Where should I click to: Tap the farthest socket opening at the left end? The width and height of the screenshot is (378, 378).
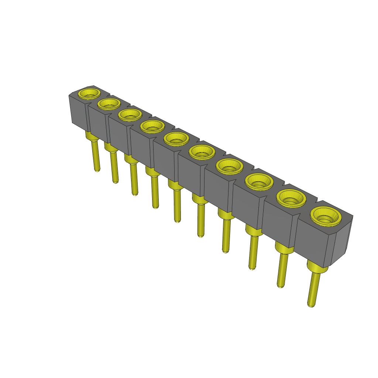point(90,93)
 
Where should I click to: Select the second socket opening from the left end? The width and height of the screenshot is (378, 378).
point(109,104)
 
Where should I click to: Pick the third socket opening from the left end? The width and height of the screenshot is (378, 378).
point(130,114)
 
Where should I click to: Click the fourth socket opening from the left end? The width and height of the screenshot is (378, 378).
point(152,126)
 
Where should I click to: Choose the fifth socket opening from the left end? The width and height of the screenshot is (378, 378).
point(176,139)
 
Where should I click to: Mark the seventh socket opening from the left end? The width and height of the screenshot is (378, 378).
point(229,166)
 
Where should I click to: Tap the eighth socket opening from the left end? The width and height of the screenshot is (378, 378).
point(259,181)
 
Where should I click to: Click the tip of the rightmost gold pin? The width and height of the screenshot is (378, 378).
point(311,305)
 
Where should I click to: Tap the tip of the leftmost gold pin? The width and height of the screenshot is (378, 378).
point(97,170)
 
